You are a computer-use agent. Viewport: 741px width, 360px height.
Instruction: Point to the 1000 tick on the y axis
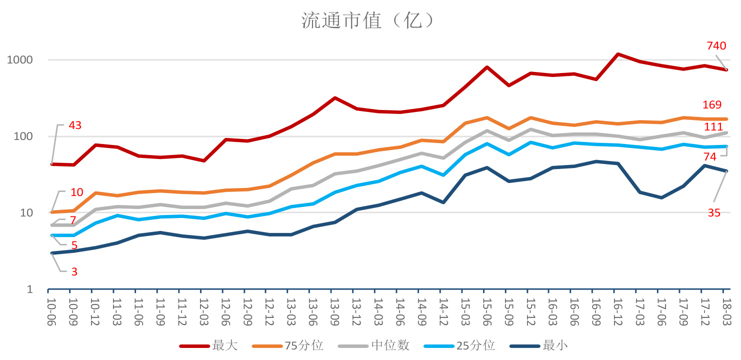19,60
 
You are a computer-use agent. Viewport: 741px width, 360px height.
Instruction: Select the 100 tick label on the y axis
23,136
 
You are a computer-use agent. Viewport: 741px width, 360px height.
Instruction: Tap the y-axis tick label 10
26,213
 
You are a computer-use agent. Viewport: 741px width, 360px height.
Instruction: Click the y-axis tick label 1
30,289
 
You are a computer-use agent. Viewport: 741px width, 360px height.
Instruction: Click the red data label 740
716,46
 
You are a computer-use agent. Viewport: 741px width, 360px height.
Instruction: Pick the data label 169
712,105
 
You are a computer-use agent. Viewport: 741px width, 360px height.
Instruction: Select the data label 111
713,127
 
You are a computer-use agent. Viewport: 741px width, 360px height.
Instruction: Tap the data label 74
710,157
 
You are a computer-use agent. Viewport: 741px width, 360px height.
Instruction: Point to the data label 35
714,213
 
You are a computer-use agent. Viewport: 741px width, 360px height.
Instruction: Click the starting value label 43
75,125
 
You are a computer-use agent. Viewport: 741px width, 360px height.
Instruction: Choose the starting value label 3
74,272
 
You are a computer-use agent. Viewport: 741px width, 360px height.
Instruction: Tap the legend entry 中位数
390,345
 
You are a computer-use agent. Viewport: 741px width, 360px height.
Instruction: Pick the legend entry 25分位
475,345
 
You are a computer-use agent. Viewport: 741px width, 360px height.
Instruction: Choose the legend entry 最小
555,345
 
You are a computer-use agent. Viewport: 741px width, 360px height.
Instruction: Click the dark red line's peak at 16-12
618,54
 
